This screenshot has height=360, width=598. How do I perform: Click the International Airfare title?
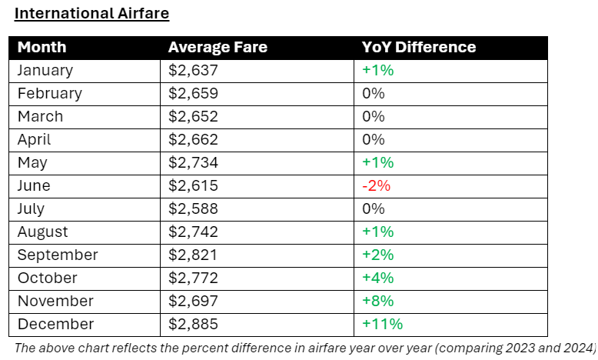point(91,13)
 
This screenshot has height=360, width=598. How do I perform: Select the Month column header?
point(42,47)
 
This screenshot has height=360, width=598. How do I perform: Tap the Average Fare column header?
point(218,47)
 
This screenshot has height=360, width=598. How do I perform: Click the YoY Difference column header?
point(419,47)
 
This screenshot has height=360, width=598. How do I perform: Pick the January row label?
point(45,70)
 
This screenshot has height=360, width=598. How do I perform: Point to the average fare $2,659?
point(193,93)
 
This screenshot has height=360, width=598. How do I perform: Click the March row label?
point(40,116)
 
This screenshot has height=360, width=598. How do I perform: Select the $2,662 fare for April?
point(193,139)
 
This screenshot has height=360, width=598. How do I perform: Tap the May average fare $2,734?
point(193,162)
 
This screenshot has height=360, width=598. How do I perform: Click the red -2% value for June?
point(377,185)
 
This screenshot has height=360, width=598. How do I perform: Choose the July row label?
point(31,208)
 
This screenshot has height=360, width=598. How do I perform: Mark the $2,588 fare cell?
point(193,208)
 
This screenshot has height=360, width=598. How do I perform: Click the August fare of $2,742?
point(193,232)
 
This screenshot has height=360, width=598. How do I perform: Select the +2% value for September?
point(377,255)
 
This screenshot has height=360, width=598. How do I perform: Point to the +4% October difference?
point(377,278)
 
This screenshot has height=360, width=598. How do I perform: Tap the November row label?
point(55,301)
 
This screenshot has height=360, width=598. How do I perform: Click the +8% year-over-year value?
point(377,301)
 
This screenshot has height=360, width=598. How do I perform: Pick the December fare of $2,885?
point(193,324)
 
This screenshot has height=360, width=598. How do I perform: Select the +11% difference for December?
point(382,324)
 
